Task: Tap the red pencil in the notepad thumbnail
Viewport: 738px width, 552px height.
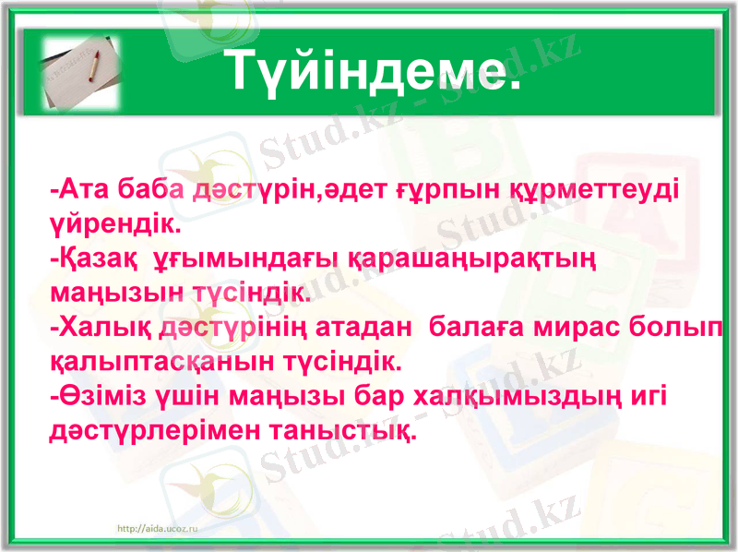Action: point(92,66)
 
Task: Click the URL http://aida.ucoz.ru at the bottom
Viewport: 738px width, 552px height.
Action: point(159,527)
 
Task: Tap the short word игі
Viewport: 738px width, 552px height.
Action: point(646,397)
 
